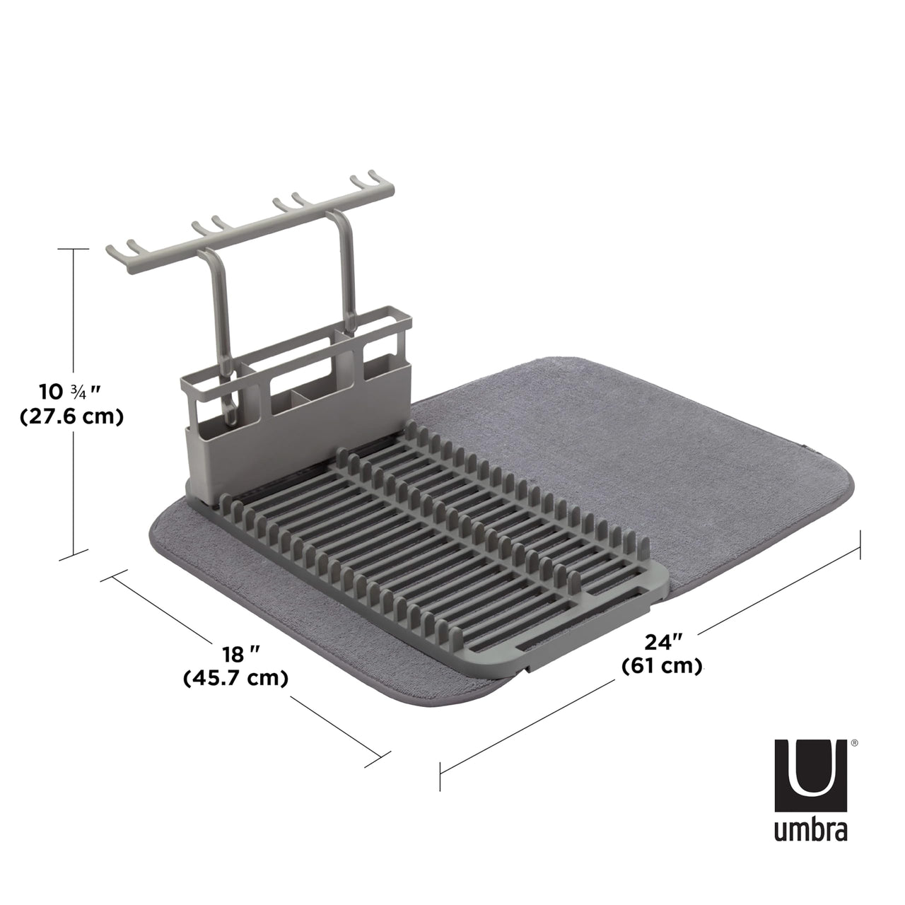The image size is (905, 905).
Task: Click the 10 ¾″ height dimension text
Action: pos(71,391)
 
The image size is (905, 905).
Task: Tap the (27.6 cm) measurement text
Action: pos(71,417)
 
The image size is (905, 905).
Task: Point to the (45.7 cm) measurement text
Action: pos(236,678)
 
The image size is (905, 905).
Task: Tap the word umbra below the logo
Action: pos(810,831)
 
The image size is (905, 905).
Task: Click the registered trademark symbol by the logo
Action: pos(855,743)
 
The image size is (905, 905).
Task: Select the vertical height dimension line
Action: pos(74,403)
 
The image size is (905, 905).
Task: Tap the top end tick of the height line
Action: pos(74,250)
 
